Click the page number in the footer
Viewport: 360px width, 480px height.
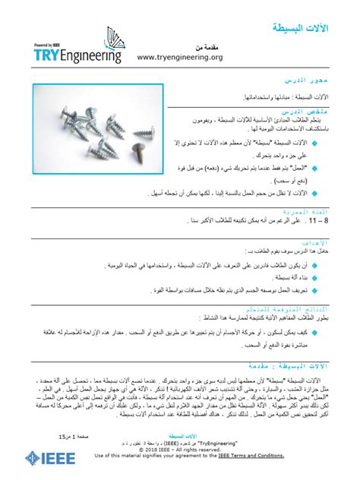70,438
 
